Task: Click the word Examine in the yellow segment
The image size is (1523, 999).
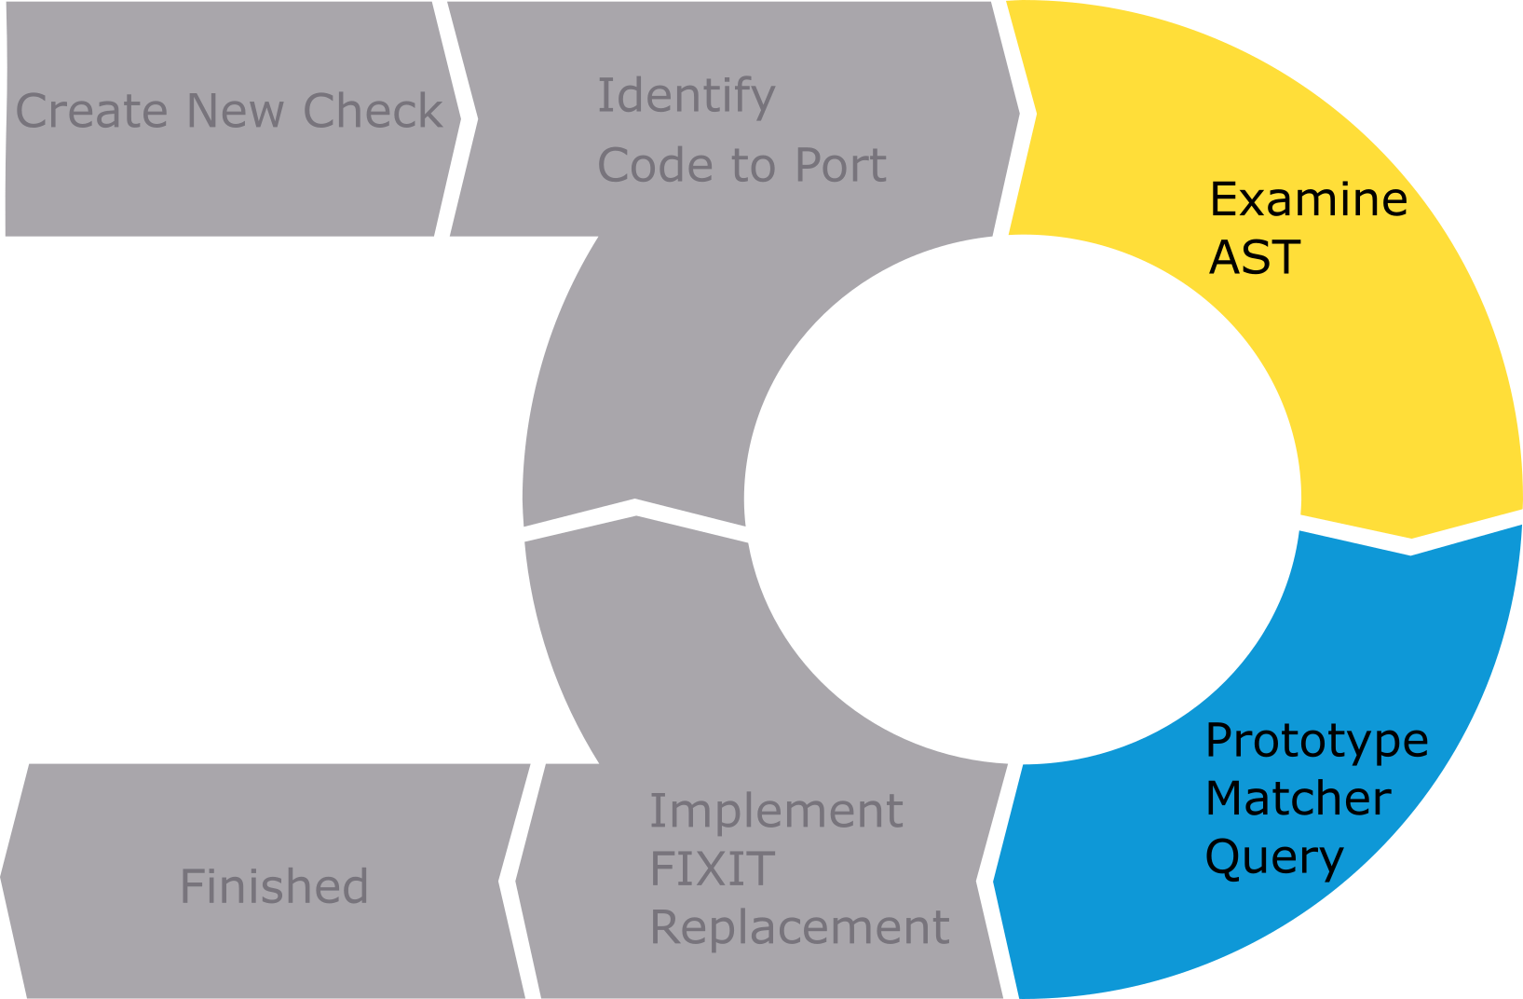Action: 1308,199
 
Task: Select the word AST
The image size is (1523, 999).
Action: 1254,257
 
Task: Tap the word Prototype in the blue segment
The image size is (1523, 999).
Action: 1316,742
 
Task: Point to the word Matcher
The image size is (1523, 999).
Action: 1298,799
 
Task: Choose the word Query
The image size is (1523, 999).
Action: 1273,857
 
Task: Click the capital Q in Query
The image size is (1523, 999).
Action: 1222,855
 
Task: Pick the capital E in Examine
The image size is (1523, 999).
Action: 1221,199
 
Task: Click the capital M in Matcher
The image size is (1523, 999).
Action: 1226,799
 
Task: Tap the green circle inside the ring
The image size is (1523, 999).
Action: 1022,499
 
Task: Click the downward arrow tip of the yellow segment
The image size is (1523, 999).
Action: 1411,538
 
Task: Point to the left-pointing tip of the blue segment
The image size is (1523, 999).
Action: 994,880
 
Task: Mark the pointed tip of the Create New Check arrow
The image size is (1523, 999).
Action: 460,118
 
